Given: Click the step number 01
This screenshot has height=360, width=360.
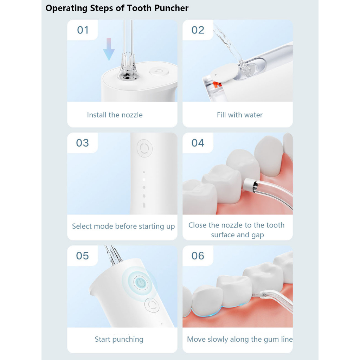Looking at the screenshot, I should pyautogui.click(x=83, y=30).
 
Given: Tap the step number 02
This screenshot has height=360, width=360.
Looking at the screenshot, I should pyautogui.click(x=198, y=30).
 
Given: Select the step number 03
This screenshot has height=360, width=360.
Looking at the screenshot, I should pyautogui.click(x=83, y=143).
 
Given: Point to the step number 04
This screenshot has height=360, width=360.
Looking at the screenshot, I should pyautogui.click(x=198, y=143).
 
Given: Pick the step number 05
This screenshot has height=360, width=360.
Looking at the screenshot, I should pyautogui.click(x=83, y=256).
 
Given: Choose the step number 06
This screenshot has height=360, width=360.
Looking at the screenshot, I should pyautogui.click(x=198, y=256).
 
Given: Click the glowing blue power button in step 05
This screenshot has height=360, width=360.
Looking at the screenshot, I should pyautogui.click(x=140, y=282).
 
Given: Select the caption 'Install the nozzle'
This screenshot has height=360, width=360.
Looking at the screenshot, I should pyautogui.click(x=115, y=115).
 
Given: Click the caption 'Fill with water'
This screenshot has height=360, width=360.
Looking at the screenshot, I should pyautogui.click(x=240, y=115).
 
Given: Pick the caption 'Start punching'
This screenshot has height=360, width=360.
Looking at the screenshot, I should pyautogui.click(x=119, y=339).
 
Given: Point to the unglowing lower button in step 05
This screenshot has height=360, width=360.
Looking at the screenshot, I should pyautogui.click(x=151, y=304).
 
